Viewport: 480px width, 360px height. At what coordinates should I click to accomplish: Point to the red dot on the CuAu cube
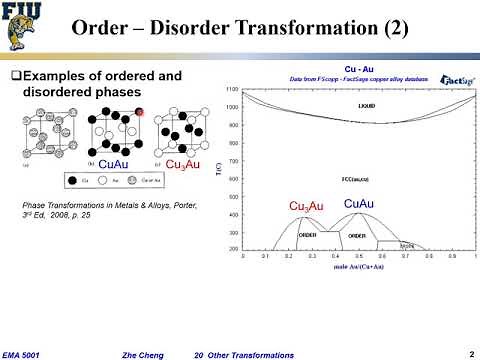pyautogui.click(x=142, y=113)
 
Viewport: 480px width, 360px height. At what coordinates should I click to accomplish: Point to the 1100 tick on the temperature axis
pyautogui.click(x=232, y=89)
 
